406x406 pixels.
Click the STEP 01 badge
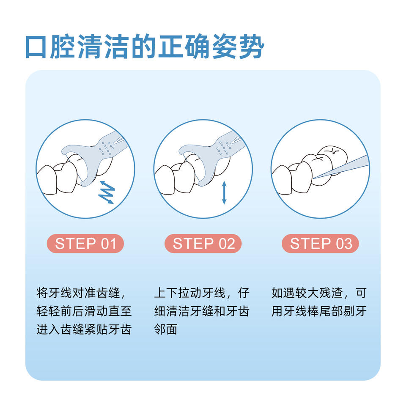click(x=85, y=244)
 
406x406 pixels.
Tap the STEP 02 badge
click(x=203, y=244)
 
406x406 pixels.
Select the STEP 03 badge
click(x=320, y=244)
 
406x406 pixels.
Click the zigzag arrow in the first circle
click(x=107, y=192)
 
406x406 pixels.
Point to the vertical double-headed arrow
click(x=224, y=193)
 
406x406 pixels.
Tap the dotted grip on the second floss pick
click(x=224, y=148)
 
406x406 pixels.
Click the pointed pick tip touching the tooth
click(x=314, y=178)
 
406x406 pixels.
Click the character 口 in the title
click(x=36, y=47)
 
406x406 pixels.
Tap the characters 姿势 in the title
click(x=238, y=47)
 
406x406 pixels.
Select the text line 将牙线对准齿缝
click(x=78, y=293)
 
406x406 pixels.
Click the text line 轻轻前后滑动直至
click(x=84, y=311)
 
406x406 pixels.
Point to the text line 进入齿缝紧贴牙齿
click(x=84, y=329)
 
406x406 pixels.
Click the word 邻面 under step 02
click(x=166, y=329)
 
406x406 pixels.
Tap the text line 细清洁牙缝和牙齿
click(x=202, y=311)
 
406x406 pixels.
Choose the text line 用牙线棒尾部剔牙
click(x=319, y=311)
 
